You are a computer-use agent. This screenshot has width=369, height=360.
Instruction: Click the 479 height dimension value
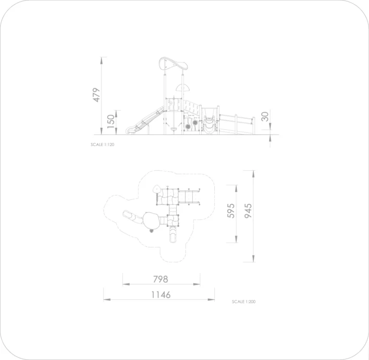tap(97, 95)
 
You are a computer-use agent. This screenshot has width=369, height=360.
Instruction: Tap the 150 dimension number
tap(111, 122)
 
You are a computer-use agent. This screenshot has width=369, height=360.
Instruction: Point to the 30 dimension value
tap(265, 116)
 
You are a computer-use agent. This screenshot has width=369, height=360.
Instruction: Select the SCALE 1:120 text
tap(102, 145)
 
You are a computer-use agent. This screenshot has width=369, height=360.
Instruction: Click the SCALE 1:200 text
tap(244, 302)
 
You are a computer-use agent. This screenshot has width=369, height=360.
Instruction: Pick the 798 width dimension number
tap(161, 279)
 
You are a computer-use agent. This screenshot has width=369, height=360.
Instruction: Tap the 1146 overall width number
tap(161, 295)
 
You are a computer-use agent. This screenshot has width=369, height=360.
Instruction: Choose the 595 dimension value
tap(231, 211)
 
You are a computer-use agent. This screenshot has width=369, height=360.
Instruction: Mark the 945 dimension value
tap(248, 211)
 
